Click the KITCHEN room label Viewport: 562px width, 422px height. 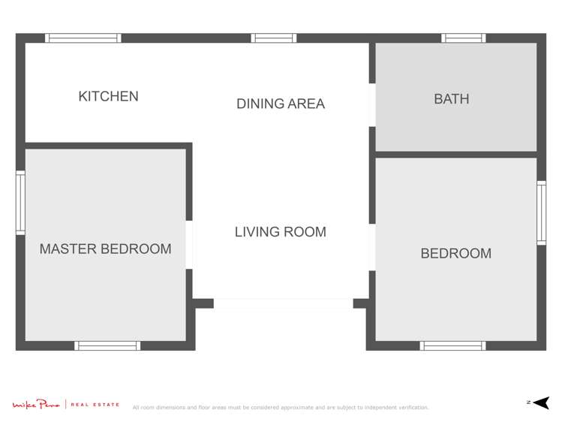coord(108,96)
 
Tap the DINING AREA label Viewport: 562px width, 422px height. coord(281,104)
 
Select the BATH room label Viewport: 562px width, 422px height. coord(451,98)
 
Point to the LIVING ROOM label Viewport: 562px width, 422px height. coord(281,232)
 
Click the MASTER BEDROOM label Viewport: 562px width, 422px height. coord(105,249)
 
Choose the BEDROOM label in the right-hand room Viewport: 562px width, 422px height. coord(455,253)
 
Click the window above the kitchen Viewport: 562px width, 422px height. coord(83,38)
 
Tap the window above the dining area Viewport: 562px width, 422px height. coord(273,38)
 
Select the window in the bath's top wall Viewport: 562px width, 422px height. coord(463,38)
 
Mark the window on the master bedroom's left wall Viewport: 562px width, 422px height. coord(20,202)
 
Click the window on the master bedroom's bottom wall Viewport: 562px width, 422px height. coord(107,345)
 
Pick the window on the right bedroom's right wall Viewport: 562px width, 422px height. coord(541,213)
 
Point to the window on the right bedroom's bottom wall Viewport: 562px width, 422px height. coord(452,345)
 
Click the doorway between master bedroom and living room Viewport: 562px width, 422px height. coord(189,245)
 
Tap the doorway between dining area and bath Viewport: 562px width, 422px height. coord(371,105)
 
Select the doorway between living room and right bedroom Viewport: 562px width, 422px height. coord(371,247)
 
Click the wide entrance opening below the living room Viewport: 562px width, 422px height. coord(283,303)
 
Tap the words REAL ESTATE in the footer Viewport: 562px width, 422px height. coord(95,405)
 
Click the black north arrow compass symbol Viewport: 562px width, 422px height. coord(542,402)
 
